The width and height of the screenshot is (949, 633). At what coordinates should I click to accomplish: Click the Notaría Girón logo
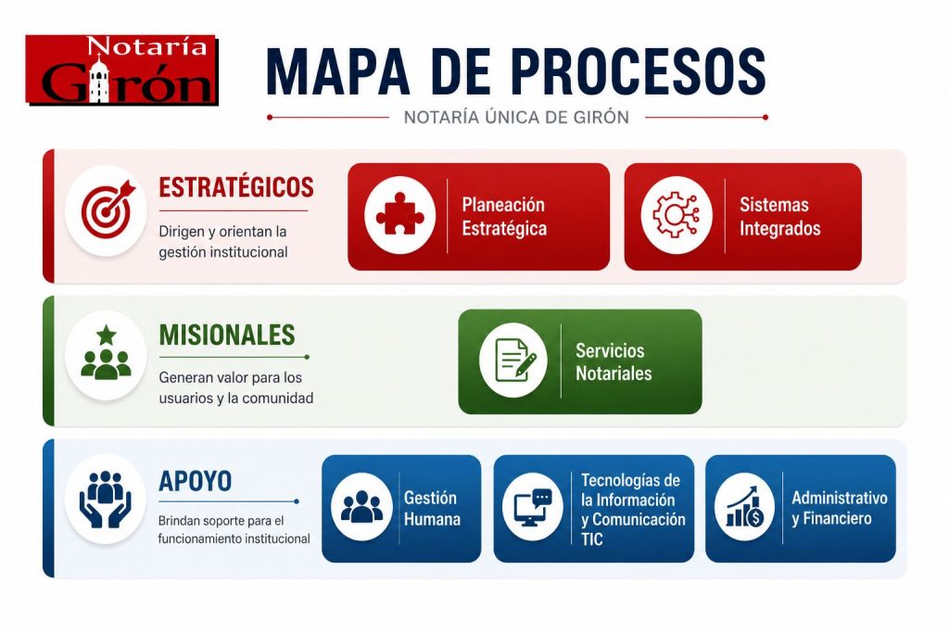point(121,70)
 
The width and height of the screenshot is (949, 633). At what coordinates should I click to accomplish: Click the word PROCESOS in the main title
point(639,71)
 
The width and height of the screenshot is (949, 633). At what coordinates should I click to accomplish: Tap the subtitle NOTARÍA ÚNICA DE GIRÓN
point(516,117)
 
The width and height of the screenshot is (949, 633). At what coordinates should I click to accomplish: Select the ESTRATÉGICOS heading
point(236,187)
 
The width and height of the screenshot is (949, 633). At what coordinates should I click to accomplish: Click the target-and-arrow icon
point(108,208)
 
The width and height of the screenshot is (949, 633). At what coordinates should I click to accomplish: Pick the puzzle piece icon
point(400,214)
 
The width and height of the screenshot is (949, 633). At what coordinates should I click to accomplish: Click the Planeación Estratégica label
point(504,217)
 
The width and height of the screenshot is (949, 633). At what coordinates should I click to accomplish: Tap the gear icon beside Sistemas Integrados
point(676,215)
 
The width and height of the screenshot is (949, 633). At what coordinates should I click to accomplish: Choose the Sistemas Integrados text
point(780,217)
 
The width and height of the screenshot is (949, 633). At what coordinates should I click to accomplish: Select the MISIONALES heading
point(227,335)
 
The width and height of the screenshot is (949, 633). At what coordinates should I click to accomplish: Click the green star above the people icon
point(107,334)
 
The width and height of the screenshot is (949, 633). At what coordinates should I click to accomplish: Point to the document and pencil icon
point(514,360)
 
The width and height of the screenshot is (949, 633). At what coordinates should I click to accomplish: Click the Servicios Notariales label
point(614,361)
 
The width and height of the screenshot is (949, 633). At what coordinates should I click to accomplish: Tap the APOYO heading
point(195,482)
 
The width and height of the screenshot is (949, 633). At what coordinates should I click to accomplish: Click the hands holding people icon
point(106,500)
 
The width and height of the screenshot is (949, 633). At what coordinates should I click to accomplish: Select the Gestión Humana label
point(432,508)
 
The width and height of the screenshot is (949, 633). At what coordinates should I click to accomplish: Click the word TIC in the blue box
point(592,539)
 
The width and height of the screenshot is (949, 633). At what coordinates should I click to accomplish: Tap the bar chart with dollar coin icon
point(744,507)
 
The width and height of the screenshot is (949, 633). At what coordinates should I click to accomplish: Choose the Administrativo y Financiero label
point(840,508)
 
